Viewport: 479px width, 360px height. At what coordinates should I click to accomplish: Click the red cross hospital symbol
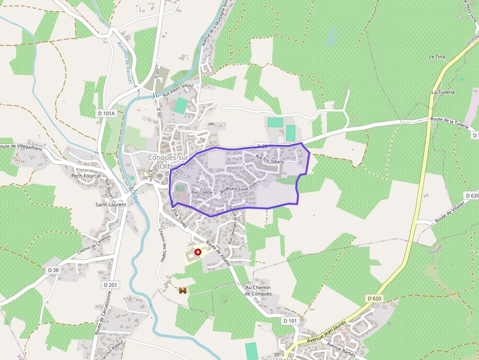pos(197,252)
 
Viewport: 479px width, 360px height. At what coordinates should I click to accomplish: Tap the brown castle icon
pos(183,290)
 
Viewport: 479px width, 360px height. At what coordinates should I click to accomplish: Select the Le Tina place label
pos(436,57)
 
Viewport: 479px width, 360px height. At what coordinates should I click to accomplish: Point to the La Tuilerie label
pos(443,92)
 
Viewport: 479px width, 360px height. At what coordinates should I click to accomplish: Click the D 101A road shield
pos(106,113)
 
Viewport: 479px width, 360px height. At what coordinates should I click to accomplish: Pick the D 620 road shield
pos(374,298)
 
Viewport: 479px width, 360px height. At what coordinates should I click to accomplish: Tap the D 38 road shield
pos(53,270)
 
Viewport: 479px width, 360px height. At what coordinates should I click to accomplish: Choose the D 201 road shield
pos(111,284)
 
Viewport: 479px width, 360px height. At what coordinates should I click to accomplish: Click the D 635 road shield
pos(473,195)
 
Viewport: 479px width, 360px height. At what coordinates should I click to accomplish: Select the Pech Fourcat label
pos(86,176)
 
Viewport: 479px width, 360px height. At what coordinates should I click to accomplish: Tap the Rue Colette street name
pos(202,192)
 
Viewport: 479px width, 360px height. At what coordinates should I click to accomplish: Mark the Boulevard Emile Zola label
pos(238,188)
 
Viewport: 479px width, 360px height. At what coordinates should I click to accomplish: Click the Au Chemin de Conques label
pos(258,291)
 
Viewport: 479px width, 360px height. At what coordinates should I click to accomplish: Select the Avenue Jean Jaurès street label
pos(327,332)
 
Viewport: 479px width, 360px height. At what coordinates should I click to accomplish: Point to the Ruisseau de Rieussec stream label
pos(125,62)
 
